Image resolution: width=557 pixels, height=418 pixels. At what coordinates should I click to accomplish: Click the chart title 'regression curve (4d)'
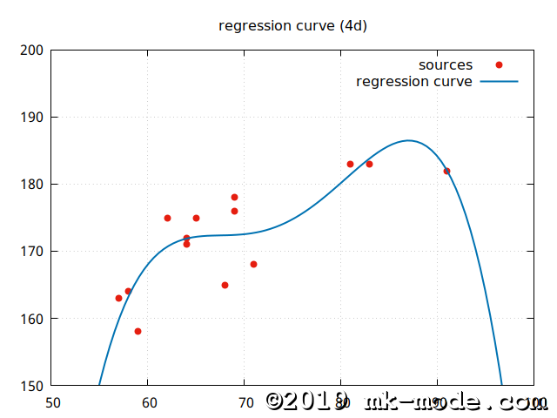click(x=292, y=25)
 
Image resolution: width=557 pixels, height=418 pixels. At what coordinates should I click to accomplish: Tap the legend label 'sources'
click(x=446, y=65)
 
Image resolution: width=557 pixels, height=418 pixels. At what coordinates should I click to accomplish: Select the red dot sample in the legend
click(x=499, y=65)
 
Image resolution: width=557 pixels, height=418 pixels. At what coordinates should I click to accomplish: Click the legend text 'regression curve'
click(x=414, y=82)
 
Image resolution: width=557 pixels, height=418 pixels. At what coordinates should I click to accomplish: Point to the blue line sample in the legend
click(x=499, y=82)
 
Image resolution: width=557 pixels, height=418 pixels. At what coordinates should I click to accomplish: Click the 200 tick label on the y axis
click(x=31, y=50)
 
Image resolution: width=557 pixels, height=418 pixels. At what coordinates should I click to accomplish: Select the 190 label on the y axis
click(x=31, y=117)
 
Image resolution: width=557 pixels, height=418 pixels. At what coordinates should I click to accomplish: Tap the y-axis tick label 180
click(x=31, y=184)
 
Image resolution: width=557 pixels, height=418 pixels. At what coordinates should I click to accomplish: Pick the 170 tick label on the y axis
click(x=31, y=251)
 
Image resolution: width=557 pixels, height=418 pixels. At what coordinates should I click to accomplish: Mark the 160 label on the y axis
click(x=31, y=318)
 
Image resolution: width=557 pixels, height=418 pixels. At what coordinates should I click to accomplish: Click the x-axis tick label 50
click(x=51, y=402)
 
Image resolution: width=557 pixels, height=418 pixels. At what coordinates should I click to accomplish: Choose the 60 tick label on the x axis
click(x=148, y=402)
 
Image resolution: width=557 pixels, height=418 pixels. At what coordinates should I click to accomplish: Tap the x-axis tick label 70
click(x=245, y=402)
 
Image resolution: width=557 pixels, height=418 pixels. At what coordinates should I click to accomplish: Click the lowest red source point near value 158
click(x=138, y=331)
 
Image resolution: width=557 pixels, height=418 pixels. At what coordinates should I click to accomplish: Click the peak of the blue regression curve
click(x=408, y=140)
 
